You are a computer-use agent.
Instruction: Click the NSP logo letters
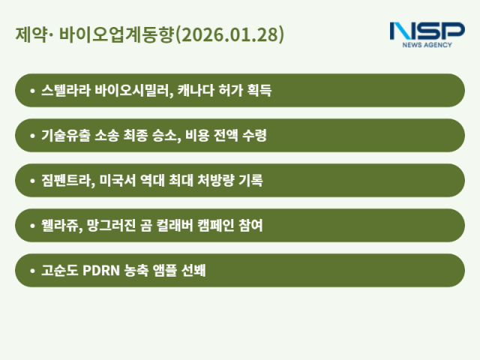click(x=427, y=31)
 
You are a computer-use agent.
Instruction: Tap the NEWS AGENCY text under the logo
click(x=427, y=45)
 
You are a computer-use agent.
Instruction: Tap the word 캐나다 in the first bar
click(x=202, y=91)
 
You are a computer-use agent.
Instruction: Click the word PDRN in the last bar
click(x=105, y=271)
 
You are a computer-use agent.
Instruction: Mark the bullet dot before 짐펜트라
click(x=32, y=181)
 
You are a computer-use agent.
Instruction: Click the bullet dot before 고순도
click(x=32, y=271)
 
